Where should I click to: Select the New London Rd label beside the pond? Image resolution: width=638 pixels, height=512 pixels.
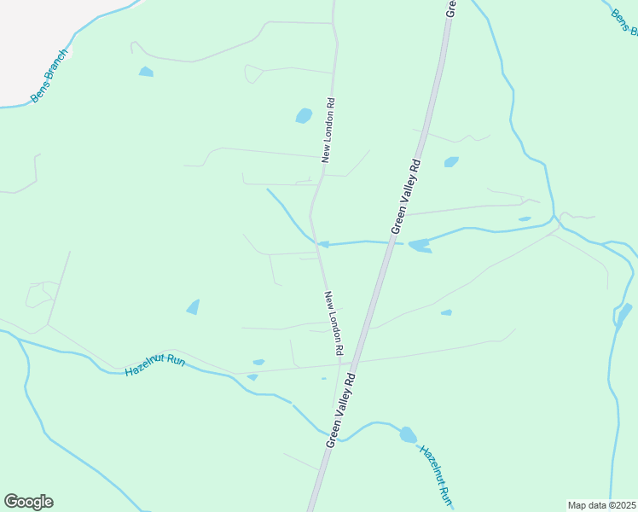(328, 130)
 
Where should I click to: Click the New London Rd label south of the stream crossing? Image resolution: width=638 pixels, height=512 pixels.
(333, 323)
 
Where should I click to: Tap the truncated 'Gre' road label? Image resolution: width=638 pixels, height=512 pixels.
(452, 8)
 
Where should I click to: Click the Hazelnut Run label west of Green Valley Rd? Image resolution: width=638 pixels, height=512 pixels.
(155, 366)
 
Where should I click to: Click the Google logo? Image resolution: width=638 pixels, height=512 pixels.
(28, 502)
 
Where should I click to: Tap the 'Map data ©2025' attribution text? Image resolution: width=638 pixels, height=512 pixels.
(601, 505)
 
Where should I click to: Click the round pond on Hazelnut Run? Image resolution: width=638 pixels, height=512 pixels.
(408, 434)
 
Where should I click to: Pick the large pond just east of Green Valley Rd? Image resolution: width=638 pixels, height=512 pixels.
(419, 247)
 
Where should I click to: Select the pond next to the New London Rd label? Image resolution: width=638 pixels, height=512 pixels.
(304, 115)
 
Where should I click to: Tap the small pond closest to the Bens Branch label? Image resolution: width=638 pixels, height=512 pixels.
(146, 73)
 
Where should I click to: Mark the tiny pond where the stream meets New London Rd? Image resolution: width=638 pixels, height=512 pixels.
(323, 245)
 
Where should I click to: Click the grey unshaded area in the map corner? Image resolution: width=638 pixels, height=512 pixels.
(34, 34)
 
